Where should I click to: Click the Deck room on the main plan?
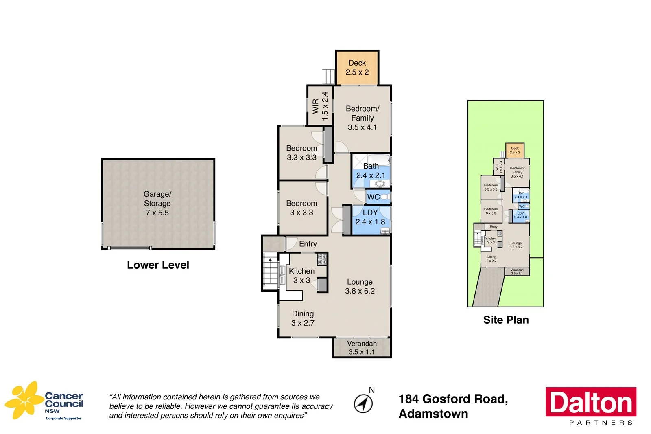[357, 68]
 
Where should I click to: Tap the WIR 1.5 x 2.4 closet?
[320, 106]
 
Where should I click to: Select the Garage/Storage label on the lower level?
[157, 203]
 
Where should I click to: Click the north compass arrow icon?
[363, 403]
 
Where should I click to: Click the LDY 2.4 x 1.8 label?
[370, 217]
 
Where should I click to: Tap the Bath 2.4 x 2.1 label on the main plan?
[371, 171]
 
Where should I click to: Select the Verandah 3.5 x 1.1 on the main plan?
[362, 348]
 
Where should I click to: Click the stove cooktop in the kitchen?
[322, 258]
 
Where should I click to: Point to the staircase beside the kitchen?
[271, 271]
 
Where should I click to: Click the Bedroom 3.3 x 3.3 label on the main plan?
[301, 153]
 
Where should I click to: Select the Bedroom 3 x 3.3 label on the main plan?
[301, 208]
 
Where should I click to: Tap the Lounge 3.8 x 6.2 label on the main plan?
[360, 286]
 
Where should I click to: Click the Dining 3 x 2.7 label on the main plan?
[303, 318]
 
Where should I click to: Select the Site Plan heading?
[506, 320]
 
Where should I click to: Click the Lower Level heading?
[158, 265]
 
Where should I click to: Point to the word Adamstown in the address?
[433, 414]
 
